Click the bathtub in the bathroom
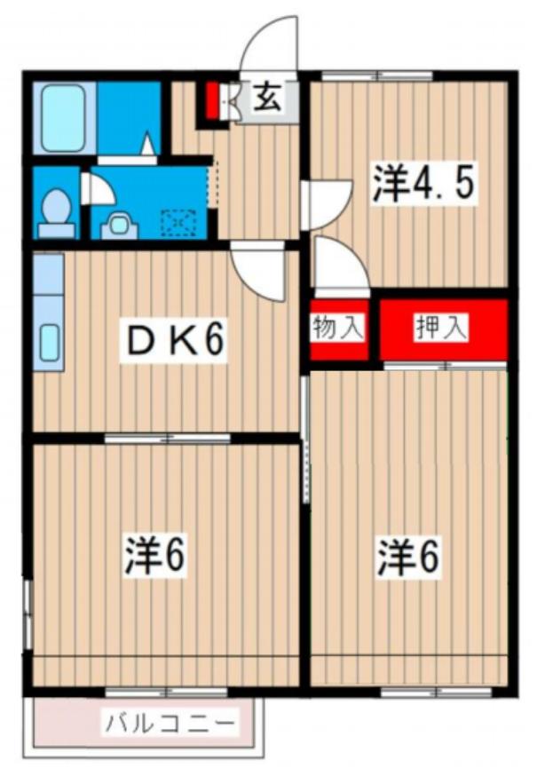pos(63,119)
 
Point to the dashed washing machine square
pos(180,220)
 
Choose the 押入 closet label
pos(441,328)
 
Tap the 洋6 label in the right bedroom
pos(409,557)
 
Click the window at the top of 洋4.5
pos(376,75)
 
